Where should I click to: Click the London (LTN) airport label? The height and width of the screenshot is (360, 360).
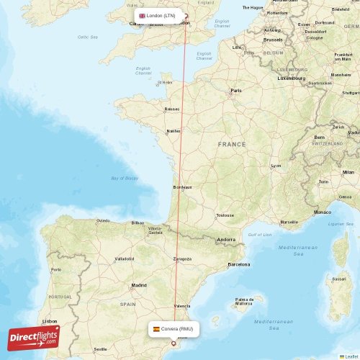coord(160,15)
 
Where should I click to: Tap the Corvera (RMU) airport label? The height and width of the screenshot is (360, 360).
coord(177,328)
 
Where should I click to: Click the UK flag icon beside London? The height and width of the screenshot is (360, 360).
coord(142,15)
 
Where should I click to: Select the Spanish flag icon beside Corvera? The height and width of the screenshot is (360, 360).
coord(156,328)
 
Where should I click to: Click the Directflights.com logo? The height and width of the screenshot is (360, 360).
coord(34,336)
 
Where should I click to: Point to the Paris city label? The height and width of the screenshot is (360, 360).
coord(236,91)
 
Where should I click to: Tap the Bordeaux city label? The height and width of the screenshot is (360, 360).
coord(183,187)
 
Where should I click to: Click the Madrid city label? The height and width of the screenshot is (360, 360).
coord(139,285)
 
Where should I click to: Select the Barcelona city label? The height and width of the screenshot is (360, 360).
coord(238,264)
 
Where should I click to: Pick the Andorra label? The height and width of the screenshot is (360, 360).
coord(227,239)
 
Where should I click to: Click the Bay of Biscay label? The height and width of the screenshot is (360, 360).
coord(123,178)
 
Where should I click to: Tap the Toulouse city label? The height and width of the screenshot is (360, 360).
coord(225,215)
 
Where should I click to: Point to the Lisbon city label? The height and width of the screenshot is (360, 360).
coord(50,321)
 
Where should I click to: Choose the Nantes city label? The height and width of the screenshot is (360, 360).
coord(173,131)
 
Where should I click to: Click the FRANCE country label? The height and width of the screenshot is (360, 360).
coord(232,144)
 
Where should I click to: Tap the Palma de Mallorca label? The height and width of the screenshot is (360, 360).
coord(246,301)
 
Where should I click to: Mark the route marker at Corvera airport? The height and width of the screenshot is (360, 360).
coord(173,343)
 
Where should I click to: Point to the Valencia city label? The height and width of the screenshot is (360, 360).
coord(182,305)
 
